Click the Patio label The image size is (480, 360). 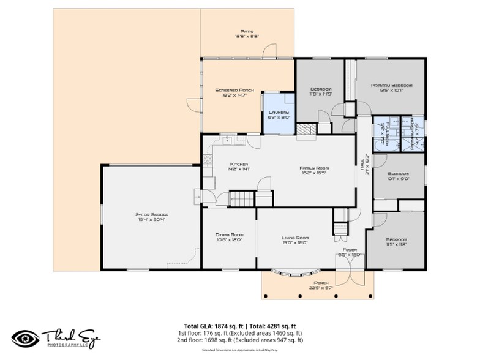247,34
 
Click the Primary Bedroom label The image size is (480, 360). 391,88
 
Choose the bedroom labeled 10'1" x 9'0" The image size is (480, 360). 398,176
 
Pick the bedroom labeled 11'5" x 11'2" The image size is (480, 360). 396,242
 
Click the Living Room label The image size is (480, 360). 294,240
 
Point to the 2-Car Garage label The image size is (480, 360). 151,217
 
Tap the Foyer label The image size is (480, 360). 350,251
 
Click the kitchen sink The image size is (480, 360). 227,140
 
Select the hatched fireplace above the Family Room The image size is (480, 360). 306,130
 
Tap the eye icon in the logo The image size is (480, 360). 24,337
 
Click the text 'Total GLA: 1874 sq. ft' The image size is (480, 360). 214,326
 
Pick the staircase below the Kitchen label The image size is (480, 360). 241,198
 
